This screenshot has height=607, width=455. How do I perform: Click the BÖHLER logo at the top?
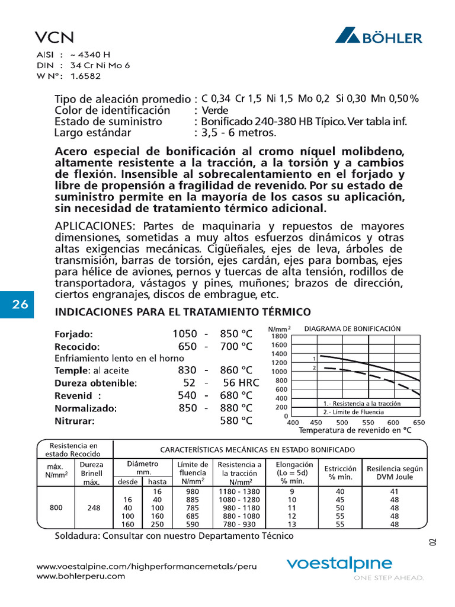(379, 36)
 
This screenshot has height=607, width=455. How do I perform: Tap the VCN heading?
(54, 37)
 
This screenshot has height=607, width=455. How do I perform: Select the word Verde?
(215, 110)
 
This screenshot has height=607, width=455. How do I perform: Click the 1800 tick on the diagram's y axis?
(279, 336)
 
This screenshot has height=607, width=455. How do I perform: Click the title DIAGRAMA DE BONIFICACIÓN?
(353, 328)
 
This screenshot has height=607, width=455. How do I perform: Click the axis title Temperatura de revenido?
(355, 431)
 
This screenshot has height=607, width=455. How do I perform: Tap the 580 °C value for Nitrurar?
(236, 421)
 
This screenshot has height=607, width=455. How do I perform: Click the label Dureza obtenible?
(96, 383)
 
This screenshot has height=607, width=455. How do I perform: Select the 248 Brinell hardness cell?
(94, 507)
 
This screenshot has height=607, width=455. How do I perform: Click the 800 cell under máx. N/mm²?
(55, 507)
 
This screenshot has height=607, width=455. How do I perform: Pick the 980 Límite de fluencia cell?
(193, 491)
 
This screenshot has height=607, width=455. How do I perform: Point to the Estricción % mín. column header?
(340, 472)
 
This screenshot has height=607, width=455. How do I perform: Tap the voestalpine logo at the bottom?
(339, 564)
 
